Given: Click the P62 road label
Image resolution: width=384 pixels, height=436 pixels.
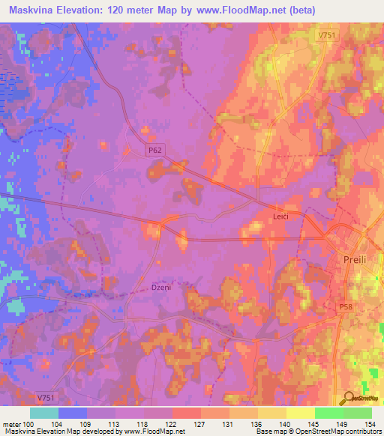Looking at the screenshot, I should click(x=154, y=150).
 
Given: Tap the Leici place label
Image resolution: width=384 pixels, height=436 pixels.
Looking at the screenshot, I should click(x=281, y=216).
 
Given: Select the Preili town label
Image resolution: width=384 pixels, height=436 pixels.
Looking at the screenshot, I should click(x=346, y=264).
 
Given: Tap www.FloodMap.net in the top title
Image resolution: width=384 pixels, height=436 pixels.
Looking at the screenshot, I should click(x=241, y=10).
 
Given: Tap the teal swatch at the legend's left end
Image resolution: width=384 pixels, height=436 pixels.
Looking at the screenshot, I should click(x=44, y=413).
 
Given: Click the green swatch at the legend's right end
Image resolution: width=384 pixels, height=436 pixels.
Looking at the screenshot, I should click(x=357, y=413).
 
